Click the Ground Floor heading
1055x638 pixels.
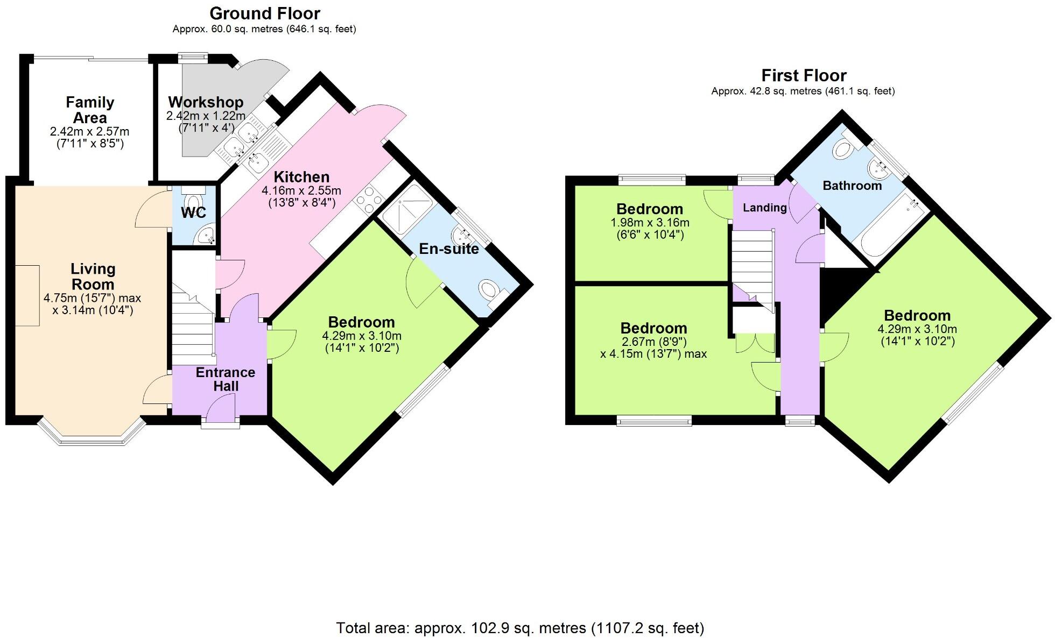[264, 13]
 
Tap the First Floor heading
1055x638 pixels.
[804, 75]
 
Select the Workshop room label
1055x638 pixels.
[206, 102]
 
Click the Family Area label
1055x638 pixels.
[90, 110]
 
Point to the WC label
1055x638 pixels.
[193, 212]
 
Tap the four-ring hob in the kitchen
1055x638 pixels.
[368, 200]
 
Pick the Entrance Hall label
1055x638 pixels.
[226, 379]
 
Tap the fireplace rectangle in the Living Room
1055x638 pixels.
[27, 295]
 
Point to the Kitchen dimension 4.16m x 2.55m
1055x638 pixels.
[301, 190]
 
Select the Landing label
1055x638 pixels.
[764, 208]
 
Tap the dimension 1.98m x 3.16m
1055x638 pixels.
[650, 223]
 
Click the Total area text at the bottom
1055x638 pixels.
[520, 628]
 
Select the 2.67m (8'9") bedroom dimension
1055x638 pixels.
[653, 342]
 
